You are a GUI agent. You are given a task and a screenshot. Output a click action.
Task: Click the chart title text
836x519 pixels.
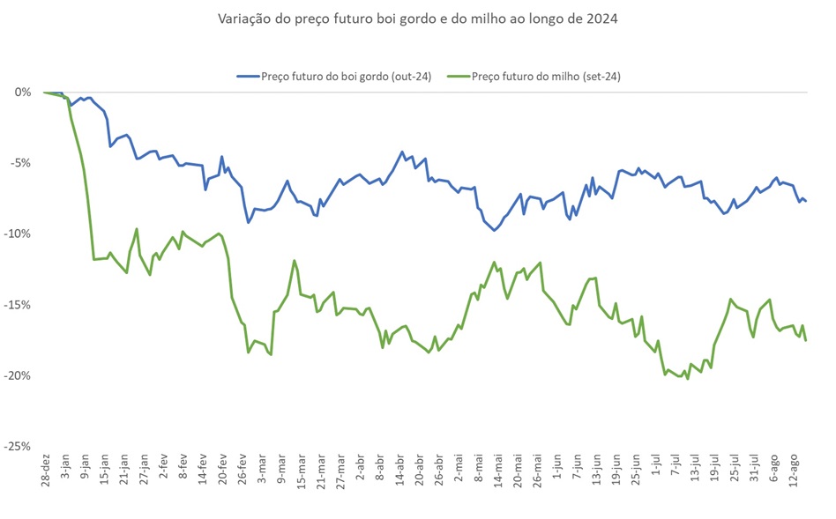tap(417, 19)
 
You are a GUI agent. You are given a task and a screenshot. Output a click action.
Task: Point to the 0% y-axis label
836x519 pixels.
tap(22, 92)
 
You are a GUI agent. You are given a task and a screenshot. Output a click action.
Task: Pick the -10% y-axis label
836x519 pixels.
tap(18, 234)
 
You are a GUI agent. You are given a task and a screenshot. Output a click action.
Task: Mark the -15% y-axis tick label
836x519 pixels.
tap(18, 305)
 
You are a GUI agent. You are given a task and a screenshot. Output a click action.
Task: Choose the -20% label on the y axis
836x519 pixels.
tap(18, 375)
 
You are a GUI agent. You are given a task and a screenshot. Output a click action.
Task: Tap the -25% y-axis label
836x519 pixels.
tap(18, 447)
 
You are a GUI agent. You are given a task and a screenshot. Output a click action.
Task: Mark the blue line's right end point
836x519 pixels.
tap(805, 202)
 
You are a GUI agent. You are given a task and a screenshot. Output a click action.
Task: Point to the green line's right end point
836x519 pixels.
tap(805, 340)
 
